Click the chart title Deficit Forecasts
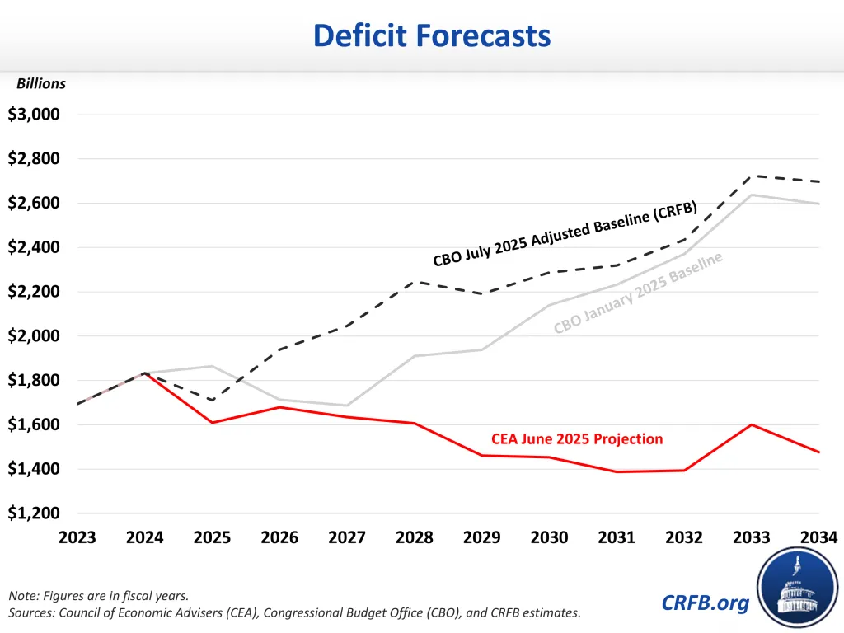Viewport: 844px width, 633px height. tap(432, 35)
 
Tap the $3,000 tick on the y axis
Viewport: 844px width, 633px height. tap(34, 115)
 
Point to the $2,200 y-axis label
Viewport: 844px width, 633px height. tap(34, 292)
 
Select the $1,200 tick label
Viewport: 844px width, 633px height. tap(34, 513)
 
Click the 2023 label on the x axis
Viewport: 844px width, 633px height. tap(77, 538)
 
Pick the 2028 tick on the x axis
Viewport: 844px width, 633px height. tap(415, 538)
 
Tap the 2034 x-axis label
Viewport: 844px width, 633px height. tap(818, 538)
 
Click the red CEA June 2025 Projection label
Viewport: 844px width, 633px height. tap(577, 438)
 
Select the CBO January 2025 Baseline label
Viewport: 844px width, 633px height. tap(638, 293)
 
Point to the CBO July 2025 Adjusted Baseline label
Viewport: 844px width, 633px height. tap(565, 234)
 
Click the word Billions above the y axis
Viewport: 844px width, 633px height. tap(41, 83)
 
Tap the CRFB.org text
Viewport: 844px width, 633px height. tap(706, 603)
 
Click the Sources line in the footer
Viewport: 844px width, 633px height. tap(294, 612)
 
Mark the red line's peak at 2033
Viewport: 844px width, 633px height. tap(752, 424)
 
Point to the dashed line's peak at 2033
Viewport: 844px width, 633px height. tap(752, 176)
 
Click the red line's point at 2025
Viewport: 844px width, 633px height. tap(213, 423)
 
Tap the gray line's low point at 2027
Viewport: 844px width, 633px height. tap(347, 406)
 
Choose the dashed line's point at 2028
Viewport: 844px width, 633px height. tap(415, 281)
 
